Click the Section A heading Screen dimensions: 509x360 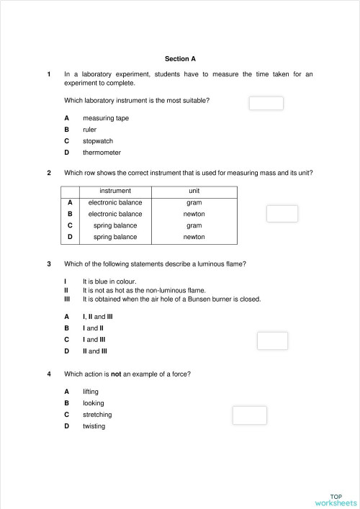coord(180,58)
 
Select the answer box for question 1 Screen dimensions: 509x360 coord(266,103)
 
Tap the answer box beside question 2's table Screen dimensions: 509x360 coord(282,214)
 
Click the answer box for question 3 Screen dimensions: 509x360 coord(272,340)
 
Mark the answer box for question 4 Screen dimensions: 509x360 coord(249,415)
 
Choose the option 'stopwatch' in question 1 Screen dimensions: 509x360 coord(98,141)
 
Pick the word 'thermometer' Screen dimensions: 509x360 coord(102,153)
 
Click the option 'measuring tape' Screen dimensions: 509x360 coord(106,118)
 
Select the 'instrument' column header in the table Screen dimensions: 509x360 coord(115,191)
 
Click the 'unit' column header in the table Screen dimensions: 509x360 coord(194,191)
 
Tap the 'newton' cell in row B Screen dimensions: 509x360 coord(194,214)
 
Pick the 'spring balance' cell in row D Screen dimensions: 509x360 coord(115,237)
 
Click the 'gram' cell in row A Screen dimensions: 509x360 coord(194,202)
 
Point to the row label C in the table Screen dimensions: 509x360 coord(70,225)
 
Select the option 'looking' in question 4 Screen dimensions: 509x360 coord(94,403)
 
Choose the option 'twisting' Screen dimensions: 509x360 coord(94,426)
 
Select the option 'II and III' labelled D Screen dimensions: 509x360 coord(95,351)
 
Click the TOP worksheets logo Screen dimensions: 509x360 coord(336,500)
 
